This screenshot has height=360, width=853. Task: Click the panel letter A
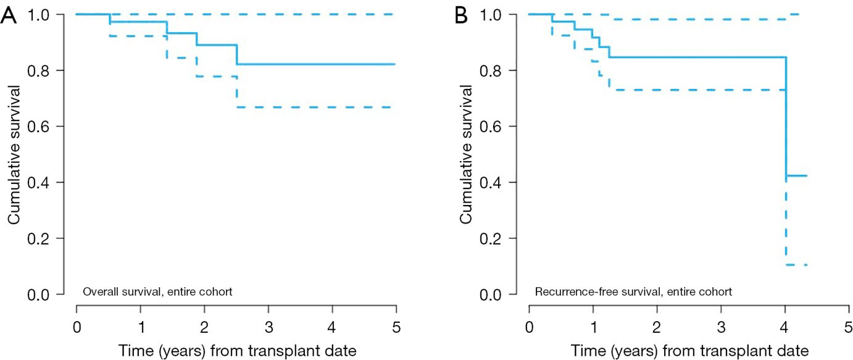pyautogui.click(x=9, y=15)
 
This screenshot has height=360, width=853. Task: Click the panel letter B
pyautogui.click(x=461, y=15)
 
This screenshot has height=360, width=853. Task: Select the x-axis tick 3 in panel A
pyautogui.click(x=268, y=324)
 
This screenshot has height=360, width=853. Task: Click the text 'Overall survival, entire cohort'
pyautogui.click(x=157, y=291)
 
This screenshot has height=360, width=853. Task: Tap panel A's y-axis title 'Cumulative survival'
pyautogui.click(x=14, y=154)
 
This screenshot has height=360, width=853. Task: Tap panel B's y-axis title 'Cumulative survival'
pyautogui.click(x=467, y=154)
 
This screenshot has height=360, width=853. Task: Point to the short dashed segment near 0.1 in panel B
pyautogui.click(x=796, y=265)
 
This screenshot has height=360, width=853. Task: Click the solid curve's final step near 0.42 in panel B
pyautogui.click(x=796, y=176)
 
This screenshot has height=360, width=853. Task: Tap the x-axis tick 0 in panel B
pyautogui.click(x=530, y=324)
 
